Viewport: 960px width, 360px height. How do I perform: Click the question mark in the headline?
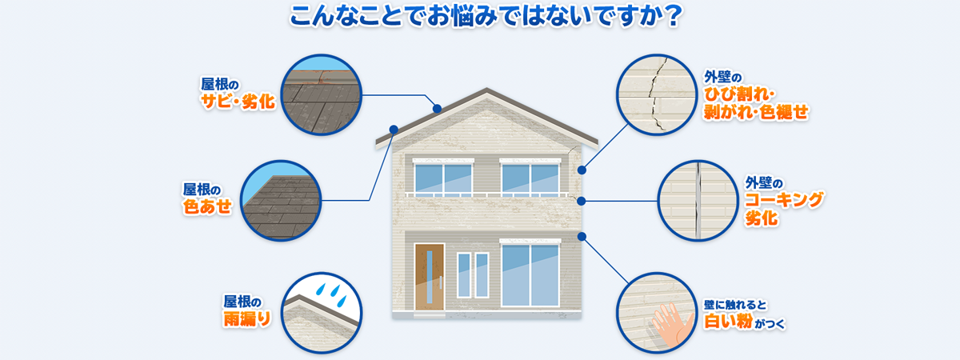click(670, 16)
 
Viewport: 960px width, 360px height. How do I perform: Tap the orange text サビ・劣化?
click(238, 102)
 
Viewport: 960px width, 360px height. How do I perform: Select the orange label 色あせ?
click(207, 206)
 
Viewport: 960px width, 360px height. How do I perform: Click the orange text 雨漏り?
click(247, 319)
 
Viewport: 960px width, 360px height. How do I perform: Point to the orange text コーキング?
click(784, 200)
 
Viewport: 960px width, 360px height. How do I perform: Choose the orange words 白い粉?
click(728, 322)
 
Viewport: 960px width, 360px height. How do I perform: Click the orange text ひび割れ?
click(738, 94)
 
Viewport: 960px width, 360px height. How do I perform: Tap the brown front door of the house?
click(430, 277)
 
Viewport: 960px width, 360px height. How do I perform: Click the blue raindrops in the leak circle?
click(332, 294)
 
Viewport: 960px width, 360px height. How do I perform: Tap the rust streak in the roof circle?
click(322, 75)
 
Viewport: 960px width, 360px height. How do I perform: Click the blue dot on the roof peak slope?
click(437, 109)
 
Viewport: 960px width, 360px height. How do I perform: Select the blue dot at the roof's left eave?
click(394, 130)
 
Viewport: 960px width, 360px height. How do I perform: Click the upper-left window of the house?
click(443, 178)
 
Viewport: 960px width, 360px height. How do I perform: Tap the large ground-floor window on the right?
click(530, 273)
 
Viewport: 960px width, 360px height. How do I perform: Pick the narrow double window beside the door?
click(473, 275)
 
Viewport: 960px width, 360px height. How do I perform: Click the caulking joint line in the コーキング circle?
click(698, 201)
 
